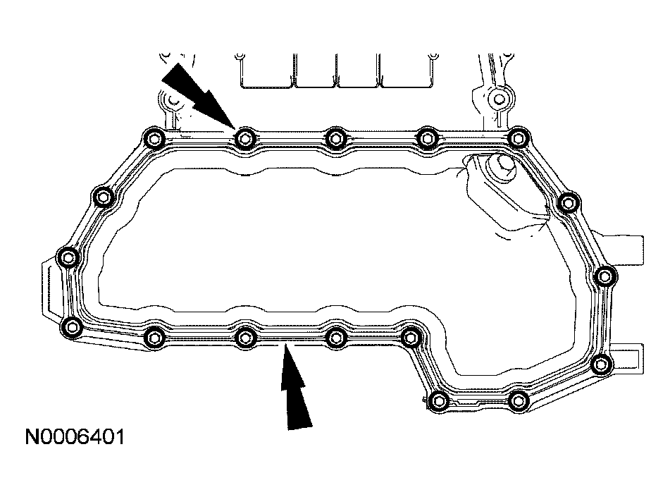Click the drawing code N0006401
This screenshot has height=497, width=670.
coord(75,437)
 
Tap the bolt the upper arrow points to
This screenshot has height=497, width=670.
coord(244,137)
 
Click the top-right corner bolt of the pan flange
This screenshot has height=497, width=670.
coord(519,137)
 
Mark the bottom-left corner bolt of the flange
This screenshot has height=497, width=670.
coord(71,326)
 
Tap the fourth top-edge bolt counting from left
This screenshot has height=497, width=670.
coord(426,137)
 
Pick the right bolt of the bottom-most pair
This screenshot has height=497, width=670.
coord(518,401)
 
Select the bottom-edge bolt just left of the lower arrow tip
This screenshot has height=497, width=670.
coord(244,336)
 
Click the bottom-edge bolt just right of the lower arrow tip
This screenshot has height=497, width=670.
coord(336,336)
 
